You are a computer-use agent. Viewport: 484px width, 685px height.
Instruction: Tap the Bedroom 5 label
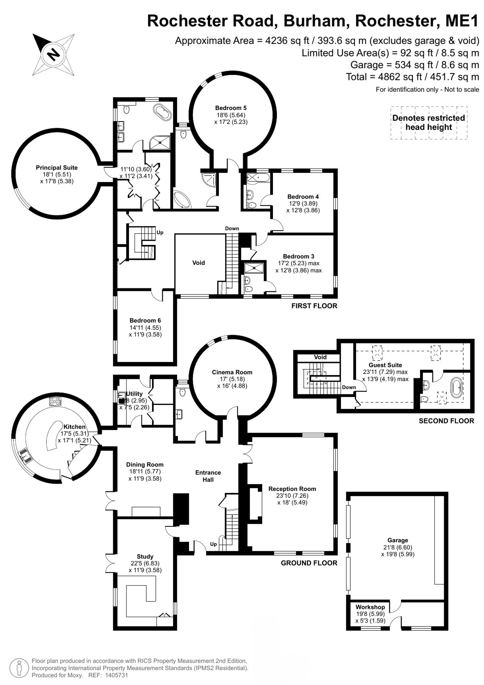coord(231,108)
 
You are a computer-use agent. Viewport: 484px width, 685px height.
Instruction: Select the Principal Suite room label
coord(57,168)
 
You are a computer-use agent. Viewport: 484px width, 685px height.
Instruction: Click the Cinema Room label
coord(232,372)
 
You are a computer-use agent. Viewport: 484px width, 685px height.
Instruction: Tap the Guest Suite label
coord(385,365)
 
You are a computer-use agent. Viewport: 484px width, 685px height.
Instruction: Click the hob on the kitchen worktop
coord(55,402)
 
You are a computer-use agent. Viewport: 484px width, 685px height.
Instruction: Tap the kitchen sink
coord(25,455)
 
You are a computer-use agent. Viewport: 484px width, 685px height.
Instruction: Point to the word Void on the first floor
coord(198,263)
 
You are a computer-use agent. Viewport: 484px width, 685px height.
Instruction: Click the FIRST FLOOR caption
coord(314,306)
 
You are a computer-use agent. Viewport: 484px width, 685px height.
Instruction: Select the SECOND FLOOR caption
coord(446,421)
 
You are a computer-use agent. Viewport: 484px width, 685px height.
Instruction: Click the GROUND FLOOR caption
coord(309,563)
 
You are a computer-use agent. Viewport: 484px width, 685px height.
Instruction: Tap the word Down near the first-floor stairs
coord(232,228)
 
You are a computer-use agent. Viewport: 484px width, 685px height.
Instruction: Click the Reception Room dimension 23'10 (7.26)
coord(292,496)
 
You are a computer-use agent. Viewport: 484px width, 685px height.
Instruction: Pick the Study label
coord(145,556)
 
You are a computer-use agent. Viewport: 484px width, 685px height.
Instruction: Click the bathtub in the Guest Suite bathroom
coord(456,388)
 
